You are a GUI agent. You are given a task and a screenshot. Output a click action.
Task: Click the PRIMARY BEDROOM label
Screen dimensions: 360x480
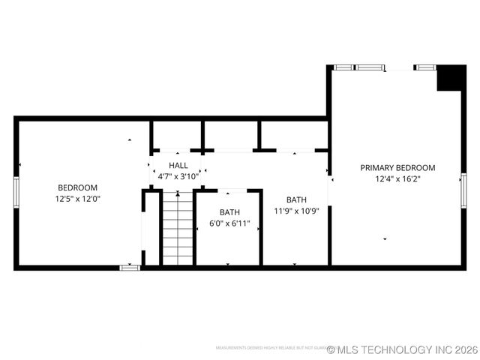397,168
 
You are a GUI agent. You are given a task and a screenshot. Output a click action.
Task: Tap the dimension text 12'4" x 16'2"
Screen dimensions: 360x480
397,179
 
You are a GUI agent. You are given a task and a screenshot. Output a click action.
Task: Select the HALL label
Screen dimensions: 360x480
178,165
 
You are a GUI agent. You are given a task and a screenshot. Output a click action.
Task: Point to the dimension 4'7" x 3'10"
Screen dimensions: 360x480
178,176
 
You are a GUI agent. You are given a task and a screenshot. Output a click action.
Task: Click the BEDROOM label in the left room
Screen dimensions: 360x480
77,187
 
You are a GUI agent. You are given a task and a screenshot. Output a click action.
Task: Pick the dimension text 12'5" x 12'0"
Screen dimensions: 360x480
77,199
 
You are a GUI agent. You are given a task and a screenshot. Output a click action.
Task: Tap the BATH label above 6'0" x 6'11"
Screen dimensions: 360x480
229,212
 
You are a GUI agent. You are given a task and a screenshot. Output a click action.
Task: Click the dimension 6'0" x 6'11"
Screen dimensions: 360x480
229,223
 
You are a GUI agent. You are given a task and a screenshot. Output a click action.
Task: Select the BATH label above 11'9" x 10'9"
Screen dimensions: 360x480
296,199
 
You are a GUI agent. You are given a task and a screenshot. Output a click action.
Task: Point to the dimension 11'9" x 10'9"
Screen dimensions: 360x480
296,211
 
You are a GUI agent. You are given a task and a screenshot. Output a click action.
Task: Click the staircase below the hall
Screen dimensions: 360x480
178,228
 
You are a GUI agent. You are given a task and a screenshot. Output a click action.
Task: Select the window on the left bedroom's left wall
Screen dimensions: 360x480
16,190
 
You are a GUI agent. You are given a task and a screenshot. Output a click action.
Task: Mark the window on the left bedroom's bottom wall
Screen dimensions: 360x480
130,267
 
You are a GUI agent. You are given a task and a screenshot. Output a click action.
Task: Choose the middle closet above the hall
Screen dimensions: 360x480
230,135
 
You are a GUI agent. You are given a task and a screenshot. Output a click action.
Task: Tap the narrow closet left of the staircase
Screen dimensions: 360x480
151,228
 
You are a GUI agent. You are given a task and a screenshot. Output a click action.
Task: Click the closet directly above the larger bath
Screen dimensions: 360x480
294,135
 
